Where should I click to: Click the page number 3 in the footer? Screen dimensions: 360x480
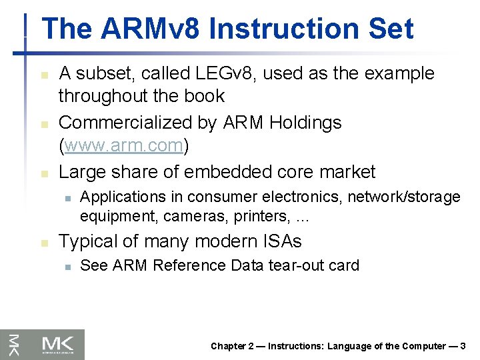(463, 346)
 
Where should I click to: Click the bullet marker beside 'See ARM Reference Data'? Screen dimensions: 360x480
(67, 267)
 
